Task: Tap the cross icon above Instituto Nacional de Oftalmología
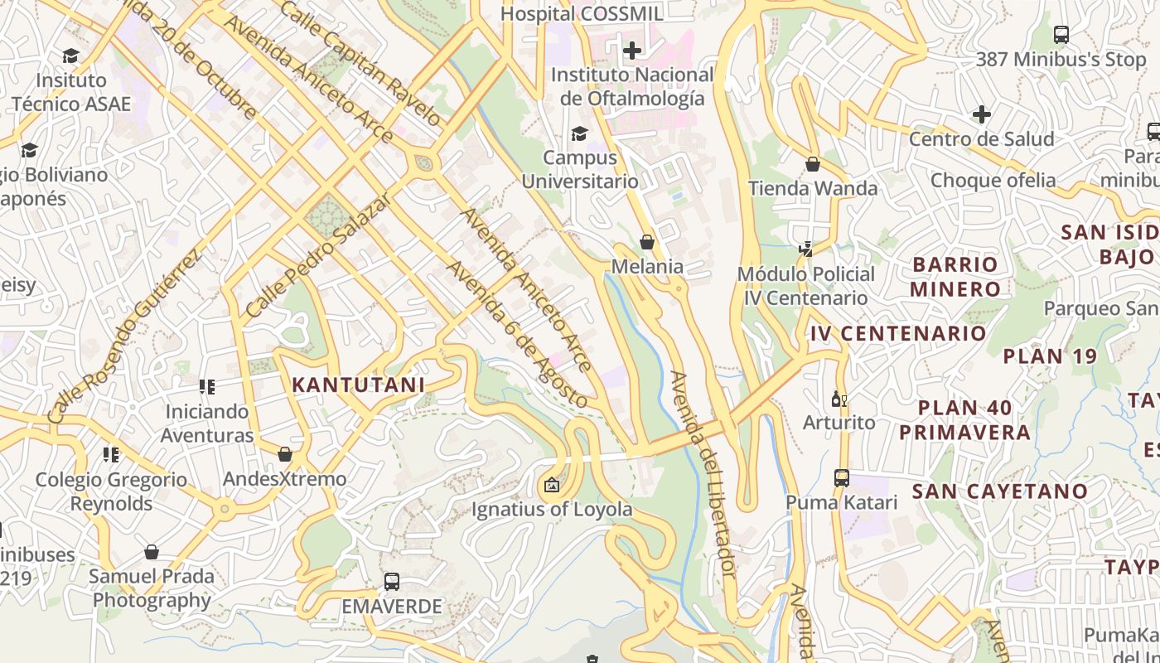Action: (x=632, y=51)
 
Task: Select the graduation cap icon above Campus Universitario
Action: (x=579, y=133)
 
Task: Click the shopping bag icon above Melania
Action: (x=647, y=242)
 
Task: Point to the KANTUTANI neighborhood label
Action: (x=358, y=385)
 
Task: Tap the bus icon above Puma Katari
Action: (x=841, y=478)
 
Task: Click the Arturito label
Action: (x=839, y=423)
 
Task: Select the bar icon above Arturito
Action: (x=839, y=399)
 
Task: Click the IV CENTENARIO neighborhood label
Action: (x=899, y=334)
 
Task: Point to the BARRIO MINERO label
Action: (x=955, y=277)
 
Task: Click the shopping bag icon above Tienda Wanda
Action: (x=813, y=164)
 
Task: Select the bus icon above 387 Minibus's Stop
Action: (x=1061, y=35)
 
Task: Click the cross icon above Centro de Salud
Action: (x=981, y=114)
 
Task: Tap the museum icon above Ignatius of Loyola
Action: (x=552, y=486)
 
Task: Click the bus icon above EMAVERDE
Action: (x=392, y=582)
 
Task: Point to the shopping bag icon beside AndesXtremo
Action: (x=285, y=454)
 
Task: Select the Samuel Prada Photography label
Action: (x=152, y=588)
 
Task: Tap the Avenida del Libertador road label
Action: (x=703, y=474)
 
